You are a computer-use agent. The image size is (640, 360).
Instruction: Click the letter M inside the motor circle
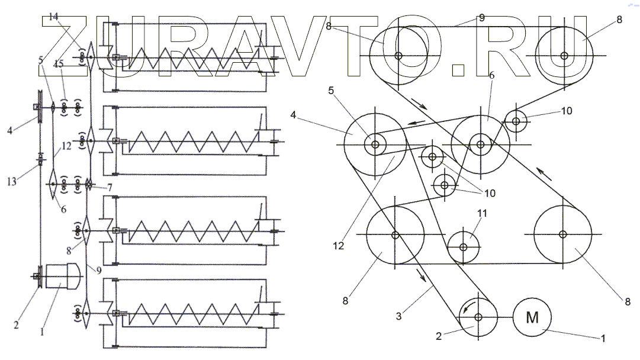click(x=532, y=318)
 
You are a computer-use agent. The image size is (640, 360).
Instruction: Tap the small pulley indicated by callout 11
click(x=464, y=245)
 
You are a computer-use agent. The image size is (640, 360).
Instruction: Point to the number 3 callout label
click(x=400, y=317)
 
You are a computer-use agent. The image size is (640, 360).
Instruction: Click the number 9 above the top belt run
click(x=481, y=18)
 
